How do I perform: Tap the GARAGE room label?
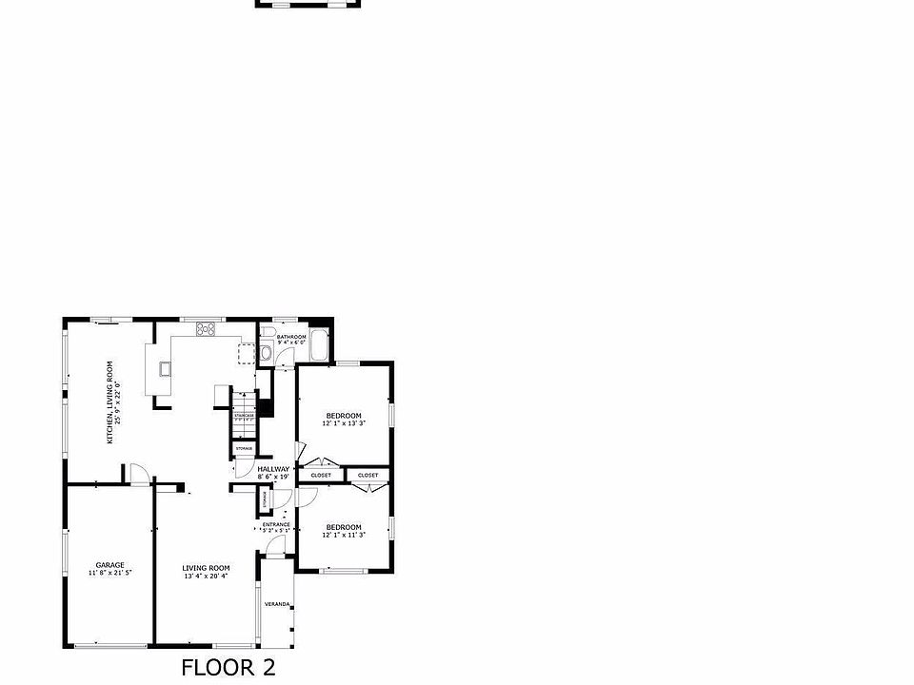(x=109, y=565)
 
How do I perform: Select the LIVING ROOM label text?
(x=205, y=568)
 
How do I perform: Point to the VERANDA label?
(x=276, y=604)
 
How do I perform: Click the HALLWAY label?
(x=273, y=469)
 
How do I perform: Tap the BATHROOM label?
(x=291, y=337)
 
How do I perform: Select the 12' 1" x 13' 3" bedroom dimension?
(x=344, y=423)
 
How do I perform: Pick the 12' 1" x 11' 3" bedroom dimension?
(x=344, y=536)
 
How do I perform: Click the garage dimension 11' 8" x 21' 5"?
(x=109, y=574)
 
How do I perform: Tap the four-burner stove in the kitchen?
(x=206, y=329)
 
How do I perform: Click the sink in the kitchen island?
(x=165, y=368)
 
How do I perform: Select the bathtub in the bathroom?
(x=317, y=345)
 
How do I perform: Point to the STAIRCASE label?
(x=245, y=415)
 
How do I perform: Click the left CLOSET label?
(x=321, y=475)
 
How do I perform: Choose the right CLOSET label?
(x=368, y=475)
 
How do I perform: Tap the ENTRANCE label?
(x=277, y=524)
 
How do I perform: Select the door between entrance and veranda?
(x=275, y=545)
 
